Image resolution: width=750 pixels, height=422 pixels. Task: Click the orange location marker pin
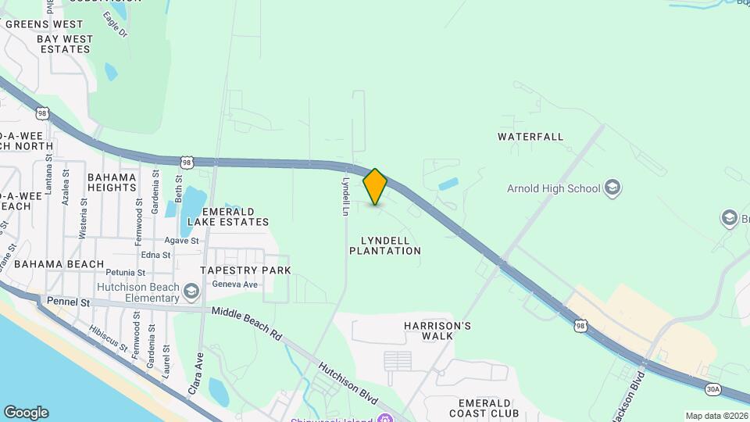point(376,187)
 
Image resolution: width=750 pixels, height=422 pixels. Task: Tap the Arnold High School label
point(553,188)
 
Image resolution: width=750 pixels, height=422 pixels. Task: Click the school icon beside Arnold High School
point(613,188)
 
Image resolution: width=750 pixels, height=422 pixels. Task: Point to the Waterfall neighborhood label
point(530,137)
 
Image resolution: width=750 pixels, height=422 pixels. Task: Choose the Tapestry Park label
point(245,270)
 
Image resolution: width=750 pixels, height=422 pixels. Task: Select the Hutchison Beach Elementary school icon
point(191,292)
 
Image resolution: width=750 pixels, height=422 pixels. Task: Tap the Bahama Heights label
point(112,182)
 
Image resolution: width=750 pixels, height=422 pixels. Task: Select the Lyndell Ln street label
point(344,195)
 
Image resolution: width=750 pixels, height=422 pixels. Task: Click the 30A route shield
point(712,388)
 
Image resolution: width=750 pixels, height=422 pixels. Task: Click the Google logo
point(26,413)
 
